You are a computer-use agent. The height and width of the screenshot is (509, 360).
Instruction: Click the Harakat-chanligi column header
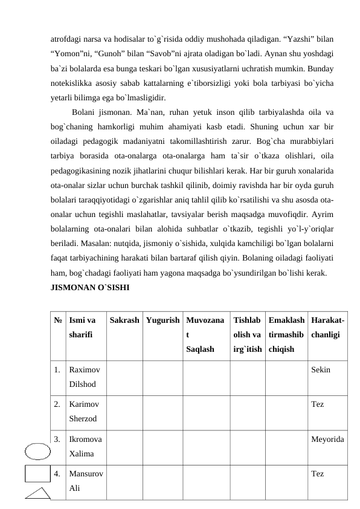(x=326, y=326)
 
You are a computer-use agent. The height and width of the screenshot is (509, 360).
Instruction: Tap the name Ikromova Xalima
(x=85, y=444)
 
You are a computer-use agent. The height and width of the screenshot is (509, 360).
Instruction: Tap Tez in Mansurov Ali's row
(x=317, y=473)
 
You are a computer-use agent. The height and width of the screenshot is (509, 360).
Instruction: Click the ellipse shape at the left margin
(x=38, y=451)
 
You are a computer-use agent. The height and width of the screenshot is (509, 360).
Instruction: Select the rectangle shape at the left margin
(x=37, y=474)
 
